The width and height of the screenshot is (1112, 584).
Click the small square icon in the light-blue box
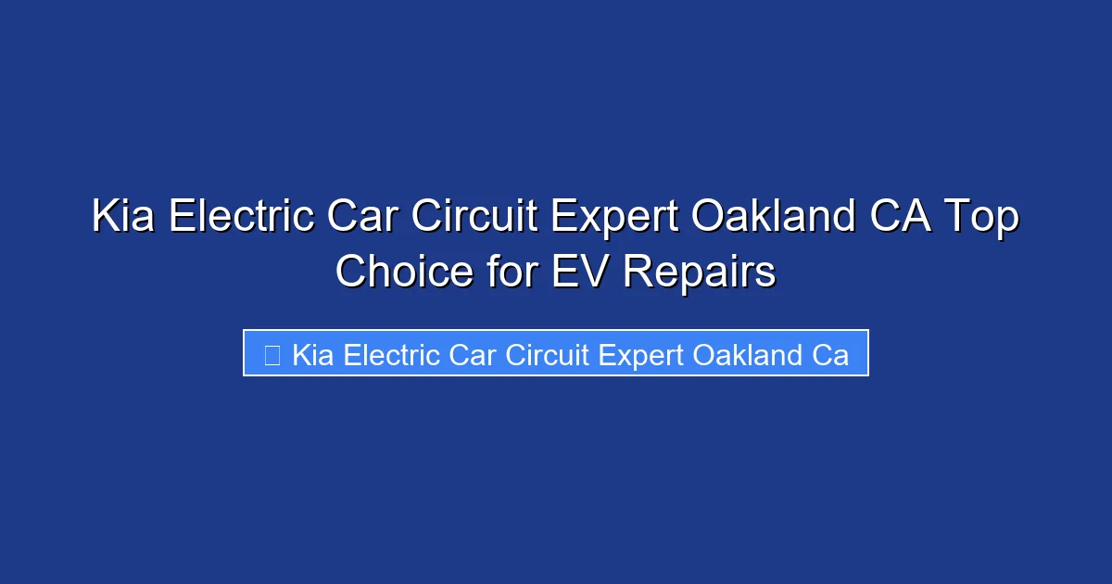(272, 354)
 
